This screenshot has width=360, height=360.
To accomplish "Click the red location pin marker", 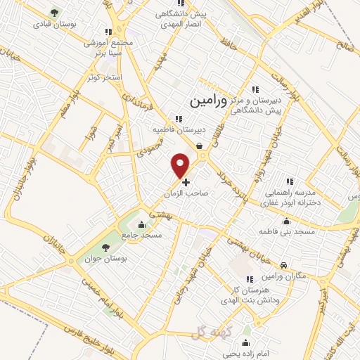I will pos(181,165).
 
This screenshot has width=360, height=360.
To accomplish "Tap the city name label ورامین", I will pos(210,101).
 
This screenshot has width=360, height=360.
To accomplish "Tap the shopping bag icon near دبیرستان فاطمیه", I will pos(200,146).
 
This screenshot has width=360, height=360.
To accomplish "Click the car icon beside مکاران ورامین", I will pos(283,265).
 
